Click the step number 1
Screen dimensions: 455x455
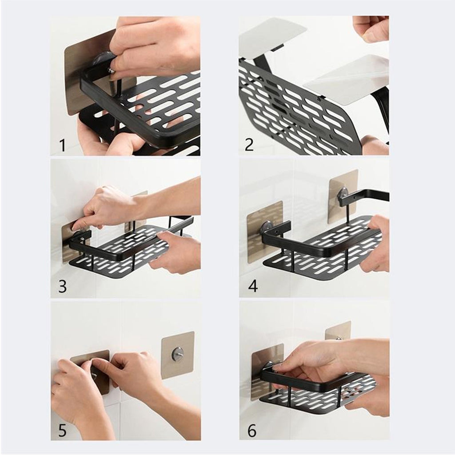tap(62, 145)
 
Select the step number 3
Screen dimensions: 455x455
tap(62, 286)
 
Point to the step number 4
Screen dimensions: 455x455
tap(253, 286)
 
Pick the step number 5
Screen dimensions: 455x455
tap(62, 430)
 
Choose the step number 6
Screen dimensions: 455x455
tap(252, 431)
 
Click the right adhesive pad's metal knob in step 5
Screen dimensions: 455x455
tap(177, 353)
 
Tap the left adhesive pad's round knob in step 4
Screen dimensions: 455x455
tap(267, 226)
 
